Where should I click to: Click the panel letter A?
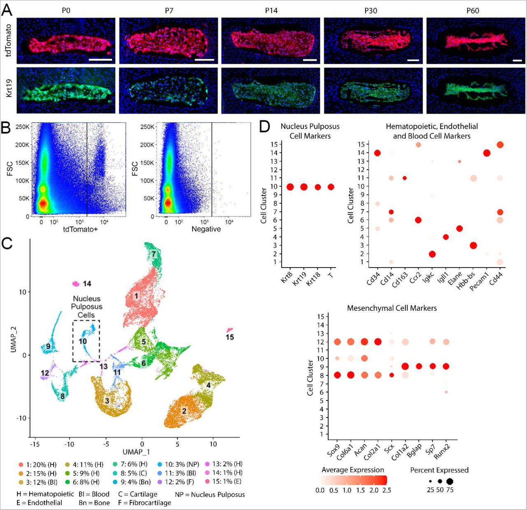tap(7, 10)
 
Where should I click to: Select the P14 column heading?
tap(271, 11)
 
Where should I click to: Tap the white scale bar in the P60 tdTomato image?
tap(518, 61)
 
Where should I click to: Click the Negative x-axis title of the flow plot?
tap(206, 229)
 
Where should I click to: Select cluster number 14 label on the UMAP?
tap(87, 284)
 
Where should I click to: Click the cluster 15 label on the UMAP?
tap(230, 337)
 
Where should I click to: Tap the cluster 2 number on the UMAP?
tap(184, 411)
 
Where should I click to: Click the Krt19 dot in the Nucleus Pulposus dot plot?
tap(304, 187)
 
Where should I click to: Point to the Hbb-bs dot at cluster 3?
tap(473, 245)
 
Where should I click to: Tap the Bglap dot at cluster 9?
tap(419, 366)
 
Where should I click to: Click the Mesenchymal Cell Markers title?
tap(392, 308)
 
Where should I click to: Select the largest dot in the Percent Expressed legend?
tap(449, 481)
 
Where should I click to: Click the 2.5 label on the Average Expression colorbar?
tap(386, 490)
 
